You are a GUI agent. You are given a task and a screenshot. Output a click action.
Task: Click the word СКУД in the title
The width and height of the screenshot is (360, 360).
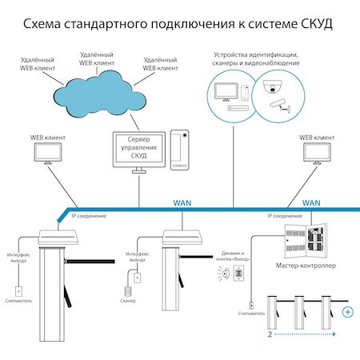click(314, 26)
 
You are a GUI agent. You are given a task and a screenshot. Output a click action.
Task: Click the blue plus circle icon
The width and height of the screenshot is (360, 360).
click(347, 312)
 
